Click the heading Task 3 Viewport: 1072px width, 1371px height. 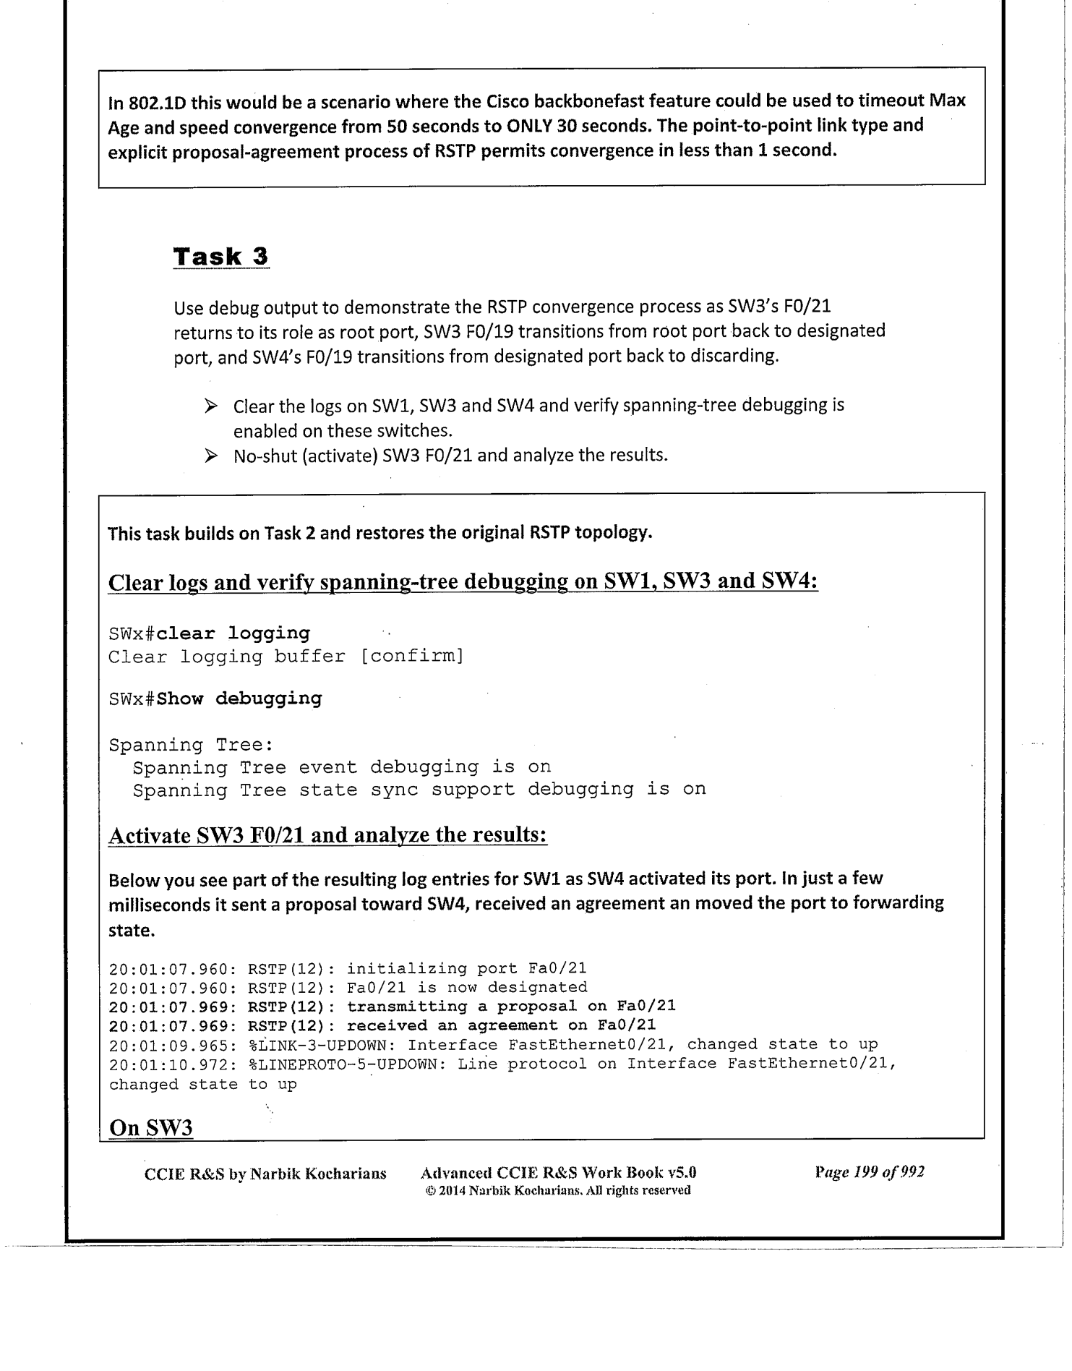221,257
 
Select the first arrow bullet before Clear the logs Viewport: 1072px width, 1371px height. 211,406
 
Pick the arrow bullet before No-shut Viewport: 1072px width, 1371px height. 211,456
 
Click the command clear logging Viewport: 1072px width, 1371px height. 233,633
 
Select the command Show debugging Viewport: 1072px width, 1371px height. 239,699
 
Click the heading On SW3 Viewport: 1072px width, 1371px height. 150,1128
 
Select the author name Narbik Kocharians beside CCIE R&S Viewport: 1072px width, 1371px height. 318,1174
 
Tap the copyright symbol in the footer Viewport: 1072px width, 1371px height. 429,1190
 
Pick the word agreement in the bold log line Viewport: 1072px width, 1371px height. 513,1025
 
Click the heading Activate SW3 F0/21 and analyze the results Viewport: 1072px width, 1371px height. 327,836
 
